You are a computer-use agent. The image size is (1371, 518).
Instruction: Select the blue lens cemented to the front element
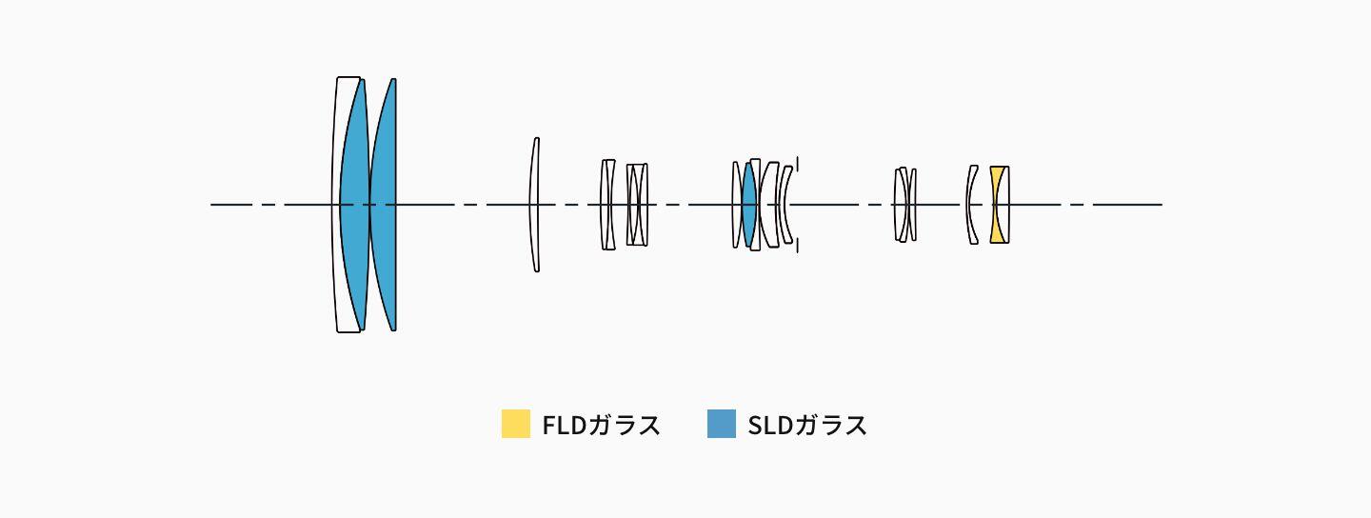pyautogui.click(x=354, y=205)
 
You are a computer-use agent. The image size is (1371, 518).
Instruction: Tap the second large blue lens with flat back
pyautogui.click(x=385, y=205)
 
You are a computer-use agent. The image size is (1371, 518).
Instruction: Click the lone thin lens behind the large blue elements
pyautogui.click(x=534, y=205)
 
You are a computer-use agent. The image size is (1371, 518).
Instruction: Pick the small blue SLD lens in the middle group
pyautogui.click(x=748, y=205)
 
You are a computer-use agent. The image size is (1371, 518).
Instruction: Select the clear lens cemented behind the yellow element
pyautogui.click(x=1006, y=205)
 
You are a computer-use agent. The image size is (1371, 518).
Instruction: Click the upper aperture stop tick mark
pyautogui.click(x=798, y=164)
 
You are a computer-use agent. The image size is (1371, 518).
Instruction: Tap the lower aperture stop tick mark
pyautogui.click(x=798, y=245)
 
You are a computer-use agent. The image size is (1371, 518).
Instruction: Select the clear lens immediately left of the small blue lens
pyautogui.click(x=736, y=205)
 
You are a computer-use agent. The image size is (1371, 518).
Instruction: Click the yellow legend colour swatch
pyautogui.click(x=516, y=424)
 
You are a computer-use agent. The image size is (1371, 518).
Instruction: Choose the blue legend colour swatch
pyautogui.click(x=722, y=424)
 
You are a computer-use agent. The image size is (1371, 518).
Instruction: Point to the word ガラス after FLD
pyautogui.click(x=624, y=425)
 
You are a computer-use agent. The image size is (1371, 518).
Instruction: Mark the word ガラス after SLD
pyautogui.click(x=830, y=425)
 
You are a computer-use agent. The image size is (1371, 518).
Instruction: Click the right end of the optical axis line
pyautogui.click(x=1162, y=205)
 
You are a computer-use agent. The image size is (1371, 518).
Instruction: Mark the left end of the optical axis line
pyautogui.click(x=211, y=205)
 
